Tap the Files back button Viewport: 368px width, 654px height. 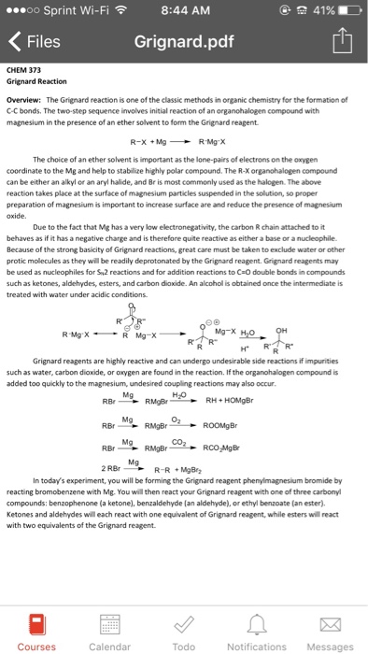coord(35,42)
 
